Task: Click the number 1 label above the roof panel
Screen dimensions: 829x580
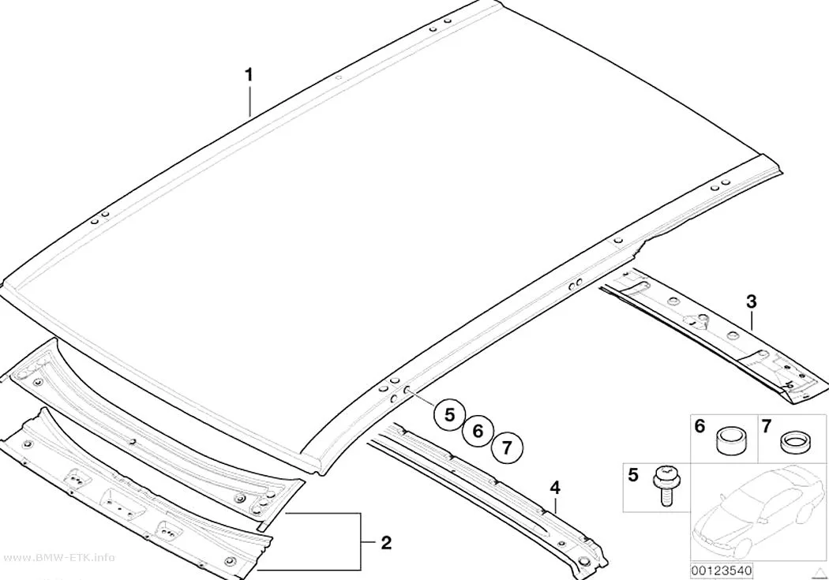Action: (249, 75)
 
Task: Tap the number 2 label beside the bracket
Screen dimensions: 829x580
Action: (387, 542)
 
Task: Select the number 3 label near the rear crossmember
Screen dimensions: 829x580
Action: (752, 302)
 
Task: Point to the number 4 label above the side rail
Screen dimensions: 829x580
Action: (554, 488)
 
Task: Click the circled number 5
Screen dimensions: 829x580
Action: (449, 414)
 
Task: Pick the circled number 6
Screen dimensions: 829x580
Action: (478, 431)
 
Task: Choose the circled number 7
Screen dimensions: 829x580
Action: (507, 448)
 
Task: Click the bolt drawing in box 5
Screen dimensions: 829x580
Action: (663, 485)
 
